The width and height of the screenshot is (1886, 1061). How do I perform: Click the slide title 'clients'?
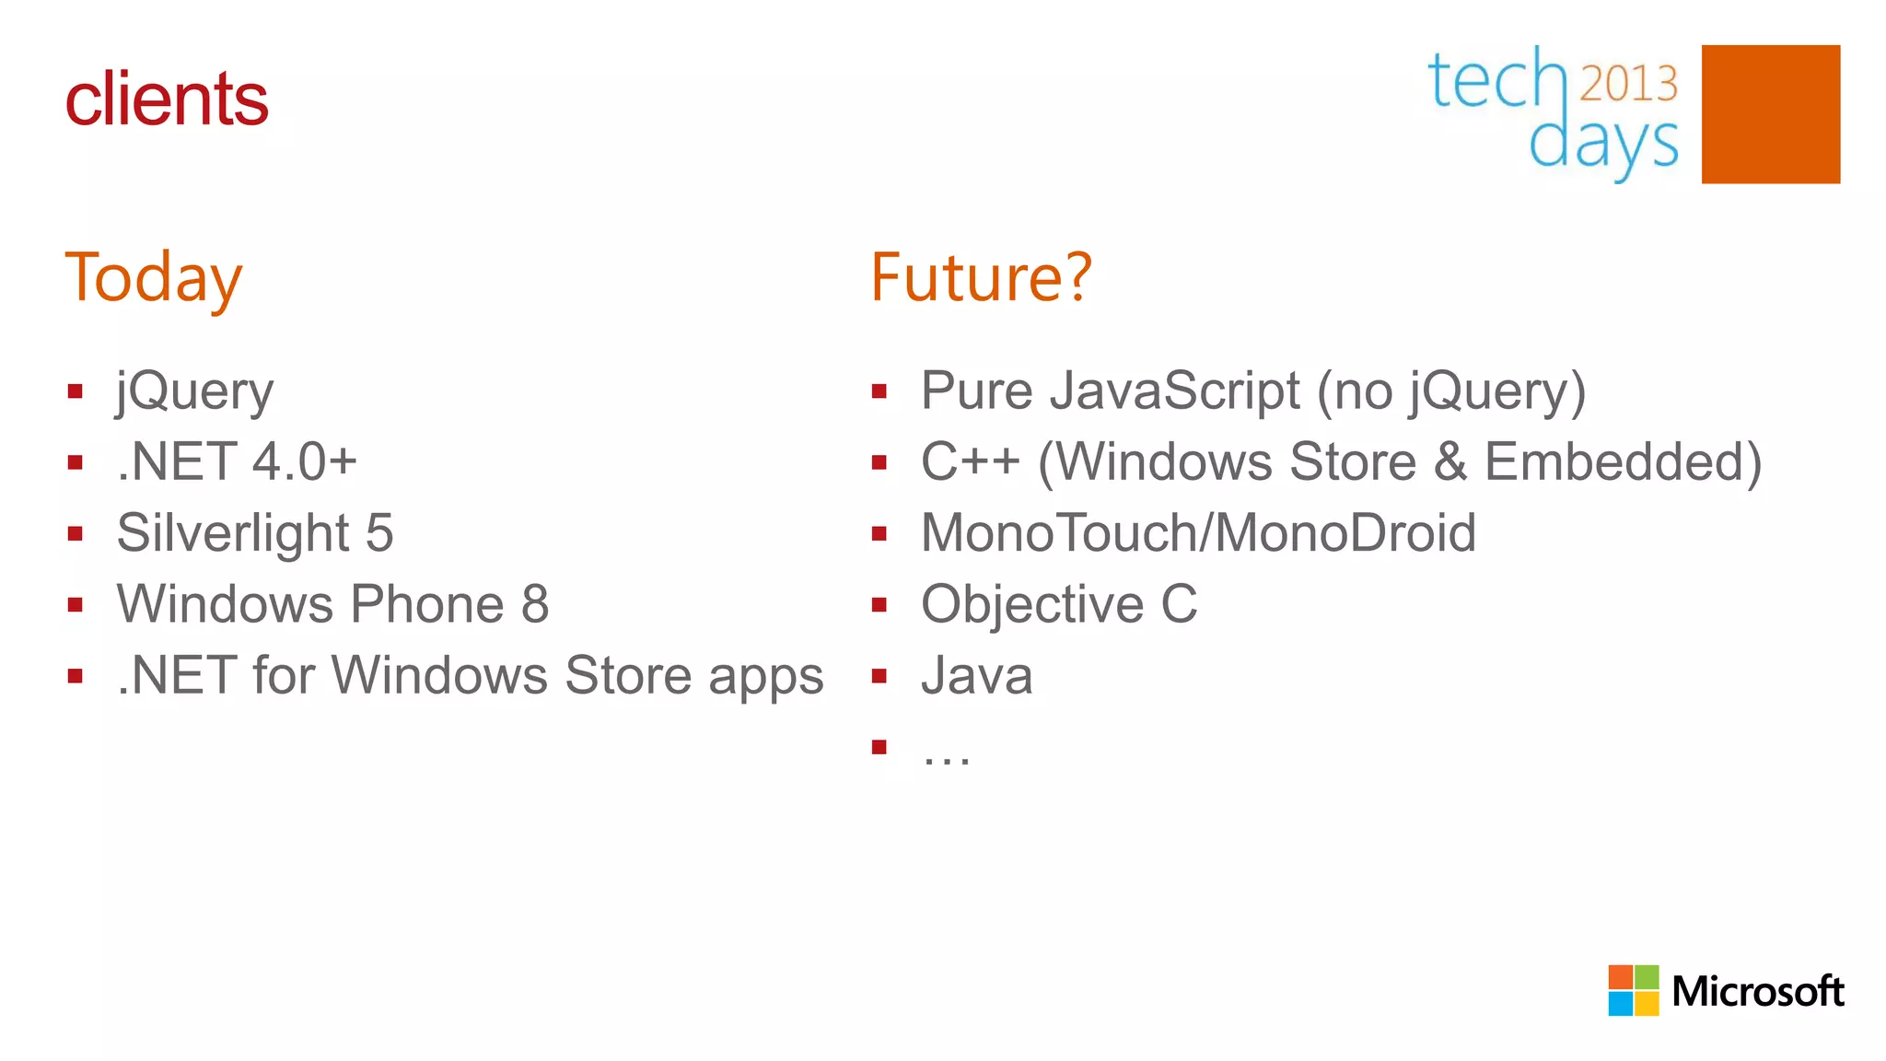pos(166,99)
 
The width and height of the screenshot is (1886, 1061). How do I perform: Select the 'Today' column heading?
pos(153,278)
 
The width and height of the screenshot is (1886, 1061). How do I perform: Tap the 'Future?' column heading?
pos(980,278)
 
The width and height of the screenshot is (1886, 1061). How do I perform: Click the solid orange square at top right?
pos(1770,114)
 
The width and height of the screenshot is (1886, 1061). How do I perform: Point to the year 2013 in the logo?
pos(1628,84)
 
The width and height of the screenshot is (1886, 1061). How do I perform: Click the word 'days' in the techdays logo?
pos(1603,145)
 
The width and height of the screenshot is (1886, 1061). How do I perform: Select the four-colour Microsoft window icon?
pos(1633,990)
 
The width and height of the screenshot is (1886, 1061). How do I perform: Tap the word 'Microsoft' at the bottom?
pos(1757,992)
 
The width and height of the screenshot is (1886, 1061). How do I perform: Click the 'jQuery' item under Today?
pos(194,392)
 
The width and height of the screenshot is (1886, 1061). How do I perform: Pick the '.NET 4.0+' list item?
pos(237,461)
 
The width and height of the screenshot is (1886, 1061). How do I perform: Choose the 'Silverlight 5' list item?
pos(255,533)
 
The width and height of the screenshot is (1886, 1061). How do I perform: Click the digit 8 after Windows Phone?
pos(535,604)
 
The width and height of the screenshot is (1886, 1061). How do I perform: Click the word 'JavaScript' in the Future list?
pos(1175,391)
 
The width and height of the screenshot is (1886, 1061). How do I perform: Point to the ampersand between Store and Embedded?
pos(1450,461)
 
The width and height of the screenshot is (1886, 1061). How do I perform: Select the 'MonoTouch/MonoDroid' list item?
pos(1198,533)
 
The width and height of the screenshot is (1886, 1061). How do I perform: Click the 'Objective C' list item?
pos(1059,604)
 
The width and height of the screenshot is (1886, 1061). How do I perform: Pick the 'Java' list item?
pos(976,676)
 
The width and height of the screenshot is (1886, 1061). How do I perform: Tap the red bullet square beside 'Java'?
pos(879,676)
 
